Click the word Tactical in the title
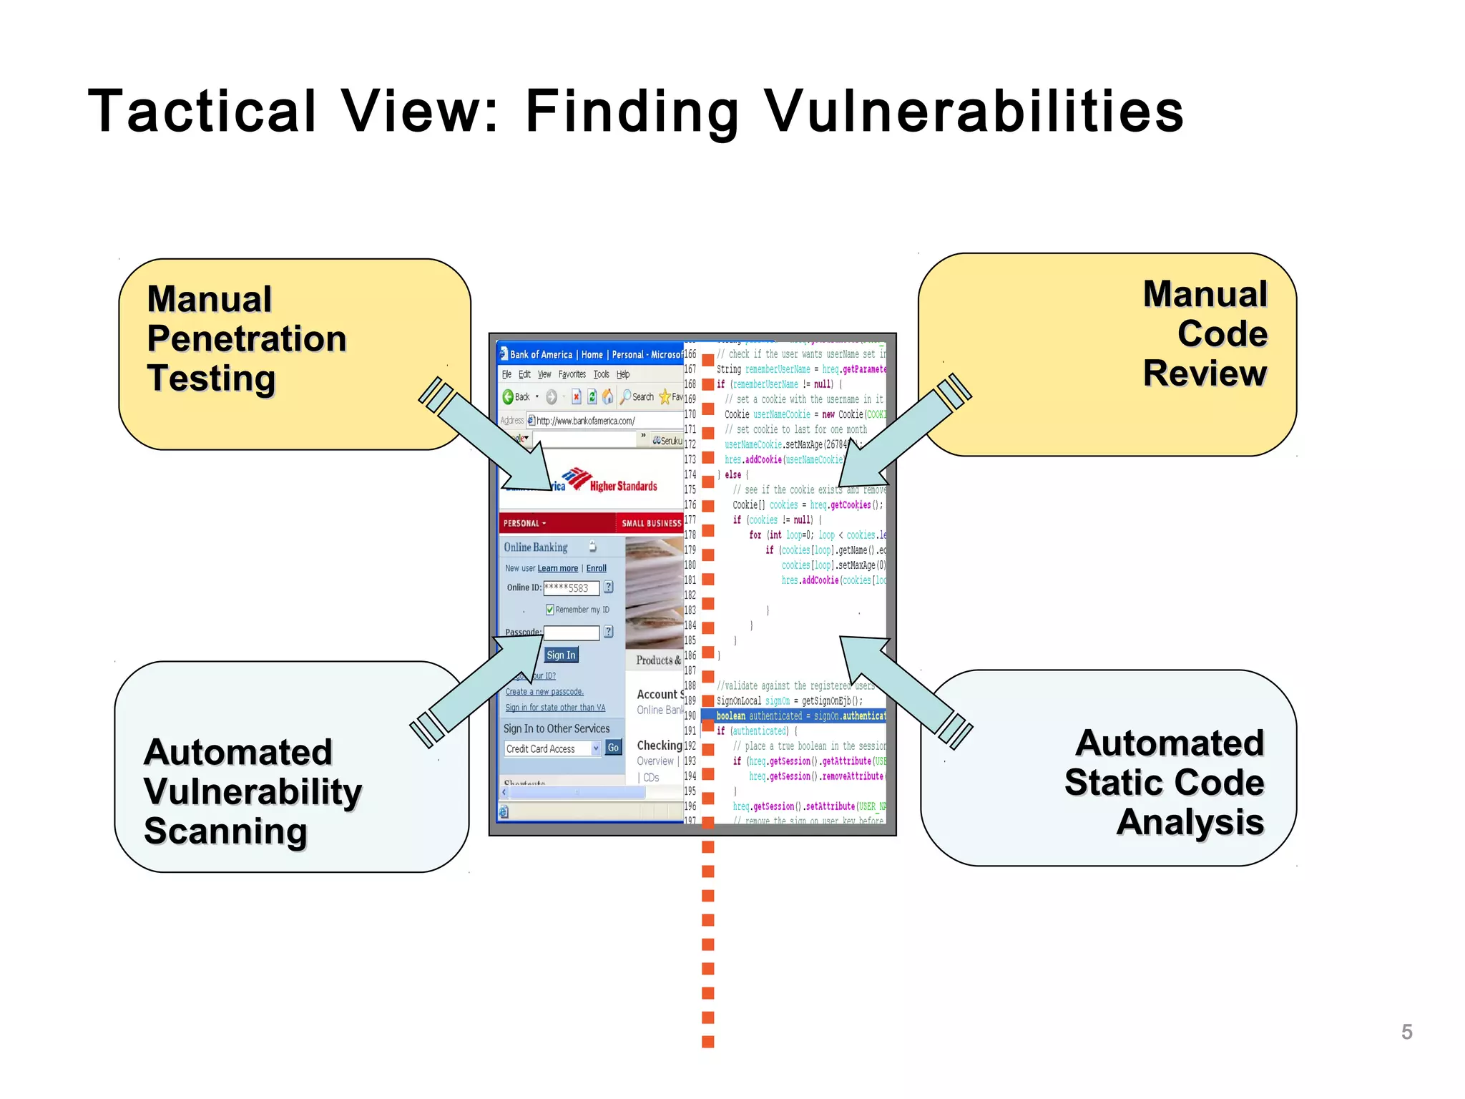point(202,111)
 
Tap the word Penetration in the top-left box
point(247,338)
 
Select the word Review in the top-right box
point(1205,373)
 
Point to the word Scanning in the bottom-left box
point(225,831)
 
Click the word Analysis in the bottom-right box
point(1190,822)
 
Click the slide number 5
point(1406,1032)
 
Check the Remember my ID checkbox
point(549,610)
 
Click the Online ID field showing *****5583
point(571,588)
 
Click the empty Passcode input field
point(571,632)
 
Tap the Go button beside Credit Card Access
point(613,748)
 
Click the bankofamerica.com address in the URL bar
point(585,421)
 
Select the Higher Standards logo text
point(623,486)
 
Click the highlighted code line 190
point(794,715)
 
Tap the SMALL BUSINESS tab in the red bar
point(651,523)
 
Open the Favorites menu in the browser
point(572,374)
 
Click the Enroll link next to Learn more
point(596,568)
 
